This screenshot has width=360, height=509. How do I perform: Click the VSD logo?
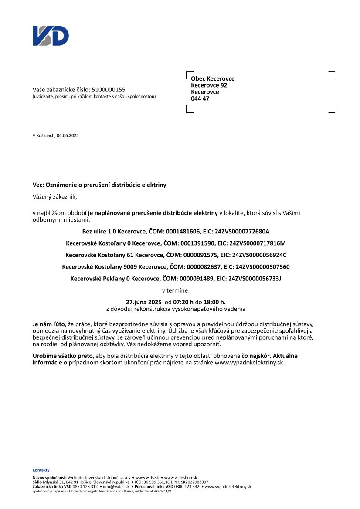coord(51,36)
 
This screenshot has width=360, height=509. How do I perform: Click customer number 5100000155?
coord(109,89)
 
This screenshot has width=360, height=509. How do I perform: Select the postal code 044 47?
coord(200,99)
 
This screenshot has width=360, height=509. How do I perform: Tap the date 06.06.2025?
coord(68,135)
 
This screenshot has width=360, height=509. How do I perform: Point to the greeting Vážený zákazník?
coord(55,196)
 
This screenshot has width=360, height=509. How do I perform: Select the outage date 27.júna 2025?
coord(144,302)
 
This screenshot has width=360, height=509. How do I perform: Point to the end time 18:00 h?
coord(215,302)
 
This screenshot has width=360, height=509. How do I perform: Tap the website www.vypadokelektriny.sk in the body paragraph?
coord(249,362)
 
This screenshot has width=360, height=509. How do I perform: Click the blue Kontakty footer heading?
coord(41,470)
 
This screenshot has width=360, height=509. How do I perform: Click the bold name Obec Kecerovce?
coord(213,78)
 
